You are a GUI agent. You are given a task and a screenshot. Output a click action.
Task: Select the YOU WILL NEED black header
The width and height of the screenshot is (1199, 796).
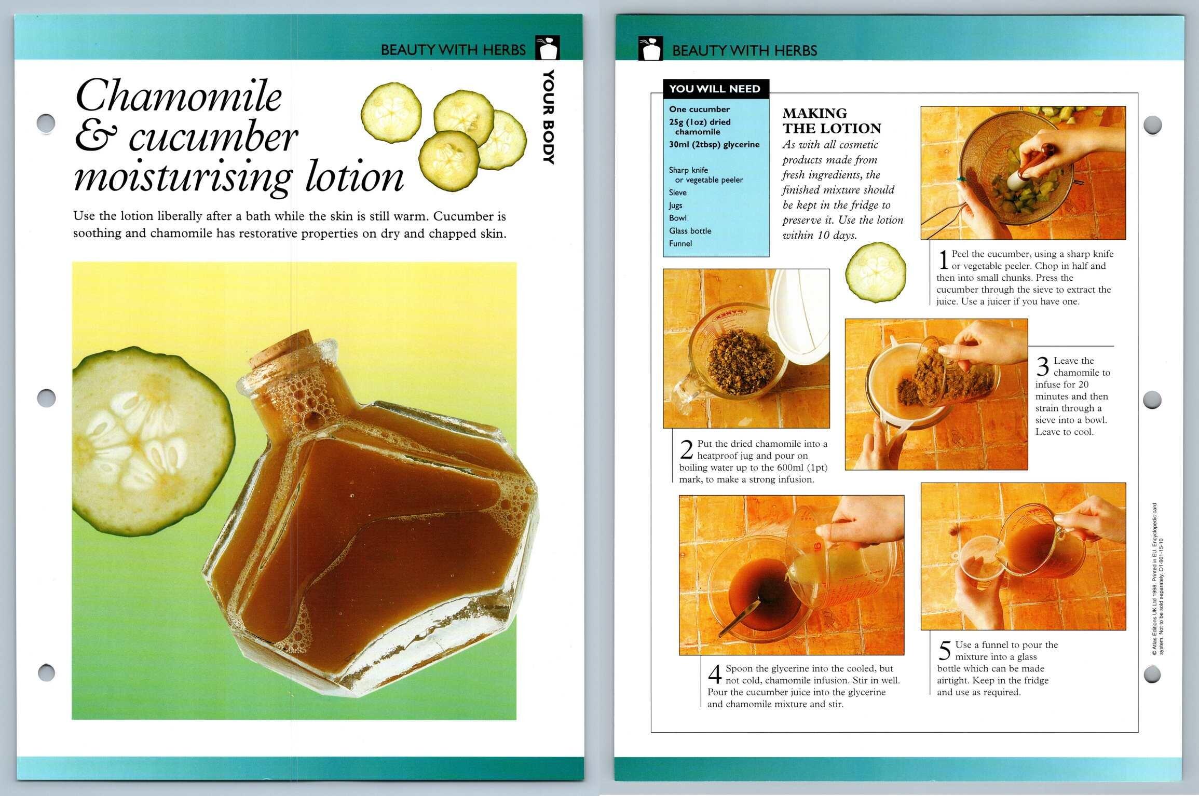click(715, 89)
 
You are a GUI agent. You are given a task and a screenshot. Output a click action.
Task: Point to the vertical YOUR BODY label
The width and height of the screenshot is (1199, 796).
click(549, 117)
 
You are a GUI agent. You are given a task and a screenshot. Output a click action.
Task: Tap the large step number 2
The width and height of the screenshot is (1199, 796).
click(686, 450)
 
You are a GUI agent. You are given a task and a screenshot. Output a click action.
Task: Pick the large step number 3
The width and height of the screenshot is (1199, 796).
click(1043, 367)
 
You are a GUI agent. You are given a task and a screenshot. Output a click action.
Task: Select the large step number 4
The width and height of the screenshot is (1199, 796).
click(715, 675)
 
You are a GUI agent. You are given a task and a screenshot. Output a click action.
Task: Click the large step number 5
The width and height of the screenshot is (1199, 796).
click(945, 651)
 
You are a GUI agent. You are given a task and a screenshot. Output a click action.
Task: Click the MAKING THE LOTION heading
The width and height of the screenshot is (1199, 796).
click(832, 121)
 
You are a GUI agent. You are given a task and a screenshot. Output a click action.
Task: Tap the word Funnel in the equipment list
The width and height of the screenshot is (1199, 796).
click(680, 243)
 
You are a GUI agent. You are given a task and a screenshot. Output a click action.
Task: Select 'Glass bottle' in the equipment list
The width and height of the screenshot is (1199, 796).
click(690, 231)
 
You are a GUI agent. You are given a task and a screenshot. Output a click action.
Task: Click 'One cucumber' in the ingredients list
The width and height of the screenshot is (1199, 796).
click(699, 109)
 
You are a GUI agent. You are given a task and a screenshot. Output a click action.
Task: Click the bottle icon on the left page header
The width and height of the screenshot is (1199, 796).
click(548, 48)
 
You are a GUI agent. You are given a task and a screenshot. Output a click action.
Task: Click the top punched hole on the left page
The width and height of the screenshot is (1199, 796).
click(47, 123)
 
